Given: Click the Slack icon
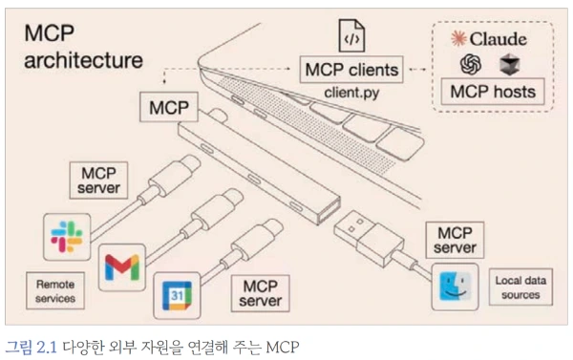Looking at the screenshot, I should point(67,235).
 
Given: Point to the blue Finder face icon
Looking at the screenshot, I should point(456,287).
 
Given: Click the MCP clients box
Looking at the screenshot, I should point(350,70).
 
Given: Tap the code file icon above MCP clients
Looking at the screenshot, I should point(350,35).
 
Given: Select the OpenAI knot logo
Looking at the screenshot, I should point(471,64).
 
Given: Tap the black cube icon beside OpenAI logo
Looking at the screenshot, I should point(506,64).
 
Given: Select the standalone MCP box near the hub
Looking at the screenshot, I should point(169,107).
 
